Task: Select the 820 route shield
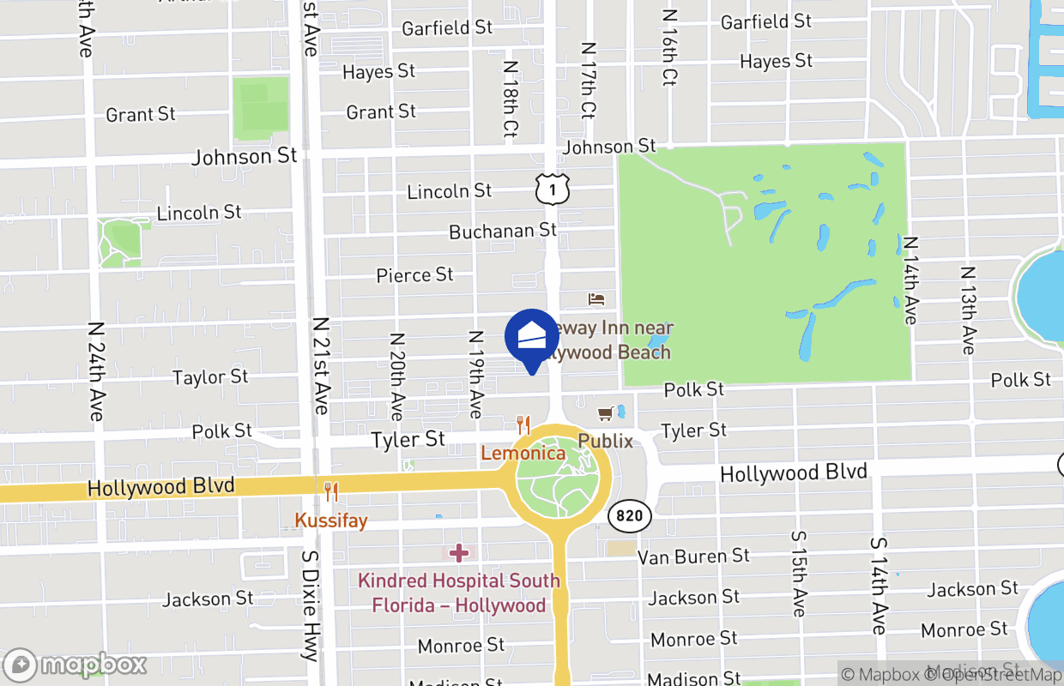click(630, 516)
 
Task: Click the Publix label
click(605, 441)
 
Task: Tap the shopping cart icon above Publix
click(606, 414)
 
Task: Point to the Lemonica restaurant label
click(523, 453)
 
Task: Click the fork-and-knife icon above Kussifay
click(330, 491)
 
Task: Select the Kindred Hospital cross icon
click(459, 552)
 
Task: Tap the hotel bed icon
click(596, 298)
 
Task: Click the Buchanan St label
click(503, 231)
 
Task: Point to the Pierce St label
click(414, 274)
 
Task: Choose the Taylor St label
click(210, 376)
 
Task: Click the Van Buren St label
click(693, 557)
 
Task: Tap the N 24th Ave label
click(96, 371)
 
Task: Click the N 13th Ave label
click(968, 310)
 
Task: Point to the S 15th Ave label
click(798, 574)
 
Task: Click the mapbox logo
click(76, 665)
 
